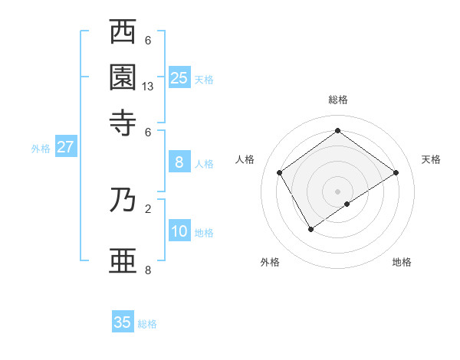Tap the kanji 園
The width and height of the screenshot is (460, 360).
[x=123, y=77]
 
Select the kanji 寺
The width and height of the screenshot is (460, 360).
[x=123, y=122]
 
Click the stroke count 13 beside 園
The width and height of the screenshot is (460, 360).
[x=148, y=87]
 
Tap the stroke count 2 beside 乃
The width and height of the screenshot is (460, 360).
[x=148, y=208]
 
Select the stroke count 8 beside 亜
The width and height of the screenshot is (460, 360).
[x=148, y=270]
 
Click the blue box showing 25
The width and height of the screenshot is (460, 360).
[x=179, y=77]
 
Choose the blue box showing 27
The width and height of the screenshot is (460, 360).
[x=65, y=147]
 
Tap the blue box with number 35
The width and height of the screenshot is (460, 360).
[x=123, y=322]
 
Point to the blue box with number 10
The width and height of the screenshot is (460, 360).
[x=179, y=232]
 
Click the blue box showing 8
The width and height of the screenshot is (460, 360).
[x=179, y=162]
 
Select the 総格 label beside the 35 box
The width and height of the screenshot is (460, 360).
[x=148, y=324]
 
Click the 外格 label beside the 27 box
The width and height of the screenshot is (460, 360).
[x=41, y=149]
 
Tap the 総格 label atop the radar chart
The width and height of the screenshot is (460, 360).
[x=338, y=100]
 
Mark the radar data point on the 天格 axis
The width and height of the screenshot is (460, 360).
[x=396, y=172]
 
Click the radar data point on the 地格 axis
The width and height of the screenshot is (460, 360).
[x=347, y=204]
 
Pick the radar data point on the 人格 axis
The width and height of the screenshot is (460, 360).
[x=280, y=172]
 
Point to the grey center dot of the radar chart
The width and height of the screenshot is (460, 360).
[x=338, y=191]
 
